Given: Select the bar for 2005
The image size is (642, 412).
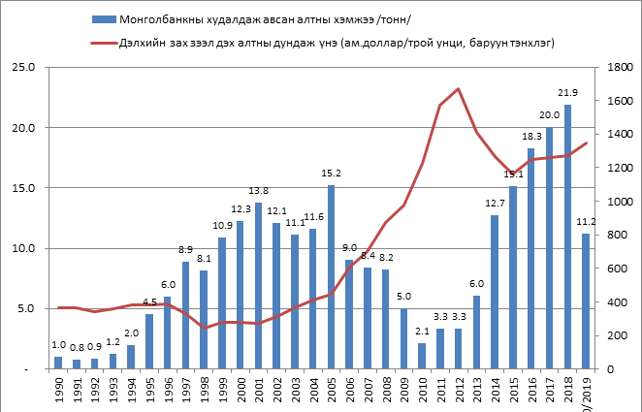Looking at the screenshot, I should [x=331, y=277].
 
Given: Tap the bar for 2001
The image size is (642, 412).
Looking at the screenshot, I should [x=258, y=285].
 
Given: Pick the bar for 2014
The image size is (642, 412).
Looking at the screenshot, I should [x=495, y=292].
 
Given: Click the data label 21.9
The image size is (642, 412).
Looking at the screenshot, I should [x=567, y=93].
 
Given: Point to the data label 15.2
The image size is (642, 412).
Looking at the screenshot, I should [x=332, y=174].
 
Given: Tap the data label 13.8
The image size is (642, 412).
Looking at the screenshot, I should [x=258, y=191].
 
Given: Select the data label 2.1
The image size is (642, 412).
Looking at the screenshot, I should [x=422, y=332].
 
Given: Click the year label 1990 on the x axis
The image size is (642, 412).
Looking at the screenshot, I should [x=58, y=389].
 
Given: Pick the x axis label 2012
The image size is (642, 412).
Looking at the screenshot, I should [x=459, y=389].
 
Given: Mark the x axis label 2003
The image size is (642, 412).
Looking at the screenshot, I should [x=295, y=389].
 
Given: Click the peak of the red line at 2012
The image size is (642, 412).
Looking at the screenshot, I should [x=458, y=89].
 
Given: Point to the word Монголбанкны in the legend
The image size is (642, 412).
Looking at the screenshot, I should [x=157, y=18].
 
